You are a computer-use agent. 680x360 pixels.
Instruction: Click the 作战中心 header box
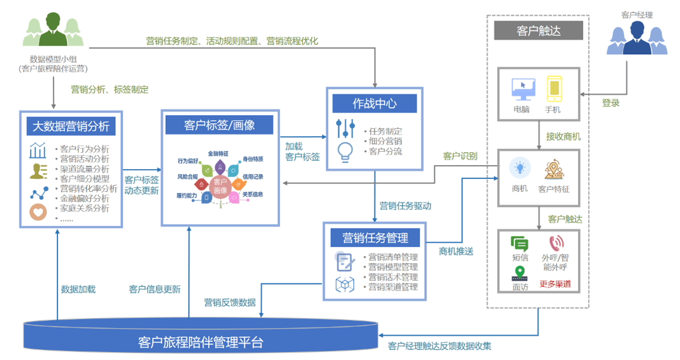pos(374,104)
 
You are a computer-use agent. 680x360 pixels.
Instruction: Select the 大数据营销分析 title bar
pos(71,125)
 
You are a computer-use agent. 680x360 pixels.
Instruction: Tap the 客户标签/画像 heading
pos(219,125)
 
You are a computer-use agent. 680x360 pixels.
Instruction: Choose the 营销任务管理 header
pos(374,237)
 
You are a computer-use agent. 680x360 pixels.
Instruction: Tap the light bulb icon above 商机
pos(520,169)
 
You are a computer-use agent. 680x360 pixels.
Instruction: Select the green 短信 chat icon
pos(519,244)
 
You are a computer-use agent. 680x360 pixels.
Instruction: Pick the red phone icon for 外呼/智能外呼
pos(556,244)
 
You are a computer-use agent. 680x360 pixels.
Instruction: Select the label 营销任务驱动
pos(405,206)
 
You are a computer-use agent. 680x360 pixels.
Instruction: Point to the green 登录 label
pos(610,103)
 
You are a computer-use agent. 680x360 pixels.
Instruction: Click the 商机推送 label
pos(456,251)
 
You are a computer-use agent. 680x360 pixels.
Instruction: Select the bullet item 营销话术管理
pos(393,277)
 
